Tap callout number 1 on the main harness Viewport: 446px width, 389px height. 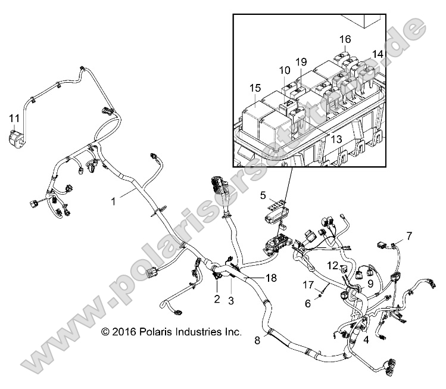113,202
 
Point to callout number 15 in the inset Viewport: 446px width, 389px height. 255,88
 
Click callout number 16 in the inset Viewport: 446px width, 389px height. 345,39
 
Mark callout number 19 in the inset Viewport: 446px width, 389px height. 301,62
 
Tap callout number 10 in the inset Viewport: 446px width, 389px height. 285,70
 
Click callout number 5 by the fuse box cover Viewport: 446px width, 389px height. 263,194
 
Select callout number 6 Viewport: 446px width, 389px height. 308,303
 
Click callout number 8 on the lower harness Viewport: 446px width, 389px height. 257,341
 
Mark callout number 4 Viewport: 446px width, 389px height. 366,340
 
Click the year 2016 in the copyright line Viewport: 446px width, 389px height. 126,331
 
